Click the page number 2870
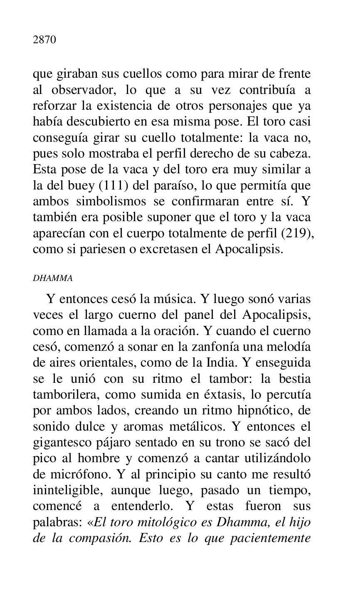(x=44, y=40)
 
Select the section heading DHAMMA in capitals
(x=53, y=278)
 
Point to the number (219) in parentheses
(x=298, y=234)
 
